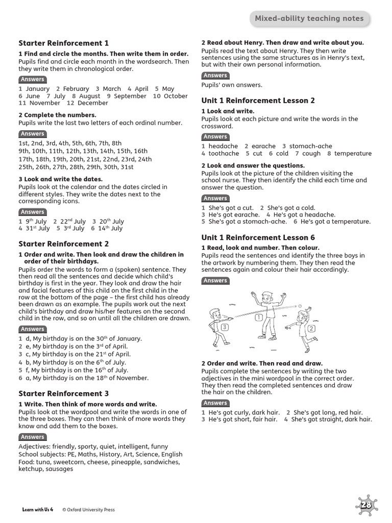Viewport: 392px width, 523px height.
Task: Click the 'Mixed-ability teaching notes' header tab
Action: [x=309, y=19]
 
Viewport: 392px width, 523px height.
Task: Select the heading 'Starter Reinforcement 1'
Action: [x=63, y=43]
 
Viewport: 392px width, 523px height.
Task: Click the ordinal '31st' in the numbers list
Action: [x=126, y=167]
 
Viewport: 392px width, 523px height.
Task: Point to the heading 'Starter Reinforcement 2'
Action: [x=63, y=244]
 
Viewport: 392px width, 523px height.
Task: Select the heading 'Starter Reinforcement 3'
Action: [x=63, y=394]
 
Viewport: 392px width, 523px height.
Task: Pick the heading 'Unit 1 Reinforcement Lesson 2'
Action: [x=258, y=101]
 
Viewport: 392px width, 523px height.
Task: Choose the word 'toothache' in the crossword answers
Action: [x=224, y=154]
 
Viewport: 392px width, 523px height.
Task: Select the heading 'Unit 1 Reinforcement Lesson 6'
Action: [x=258, y=238]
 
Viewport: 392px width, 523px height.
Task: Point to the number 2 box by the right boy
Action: [x=311, y=328]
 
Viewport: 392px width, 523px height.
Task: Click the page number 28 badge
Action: [x=366, y=506]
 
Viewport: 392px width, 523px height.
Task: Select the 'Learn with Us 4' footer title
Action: [x=38, y=510]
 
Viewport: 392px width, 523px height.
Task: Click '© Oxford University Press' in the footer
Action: [x=88, y=510]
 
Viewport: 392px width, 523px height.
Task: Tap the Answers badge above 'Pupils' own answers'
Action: [x=215, y=76]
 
